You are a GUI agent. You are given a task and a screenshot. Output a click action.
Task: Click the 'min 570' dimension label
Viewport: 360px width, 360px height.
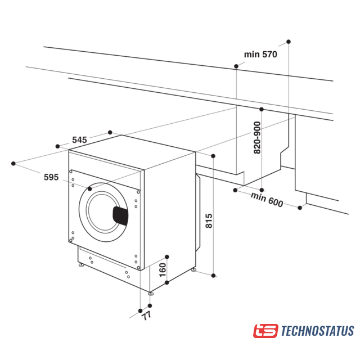click(x=260, y=55)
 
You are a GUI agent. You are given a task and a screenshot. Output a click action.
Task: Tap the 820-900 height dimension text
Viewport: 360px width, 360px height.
click(x=257, y=137)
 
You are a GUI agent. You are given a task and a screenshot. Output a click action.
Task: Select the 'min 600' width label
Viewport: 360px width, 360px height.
click(x=267, y=200)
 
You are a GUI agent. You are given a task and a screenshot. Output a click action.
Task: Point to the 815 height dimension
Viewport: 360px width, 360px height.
click(x=209, y=220)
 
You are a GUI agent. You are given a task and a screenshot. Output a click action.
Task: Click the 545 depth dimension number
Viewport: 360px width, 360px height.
click(x=79, y=140)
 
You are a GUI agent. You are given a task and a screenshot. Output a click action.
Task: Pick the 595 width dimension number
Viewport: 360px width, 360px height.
click(x=51, y=177)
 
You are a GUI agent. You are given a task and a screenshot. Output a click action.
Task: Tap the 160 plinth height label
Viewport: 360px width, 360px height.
click(x=163, y=270)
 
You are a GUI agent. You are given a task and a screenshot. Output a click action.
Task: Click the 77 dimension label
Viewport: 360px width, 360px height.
click(x=146, y=316)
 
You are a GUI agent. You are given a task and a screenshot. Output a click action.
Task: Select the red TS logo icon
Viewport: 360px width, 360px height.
click(x=265, y=331)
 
